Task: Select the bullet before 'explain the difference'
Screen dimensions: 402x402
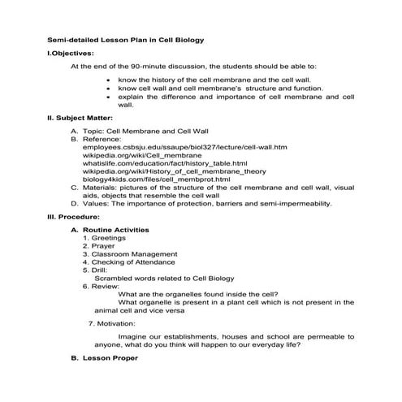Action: (110, 97)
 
